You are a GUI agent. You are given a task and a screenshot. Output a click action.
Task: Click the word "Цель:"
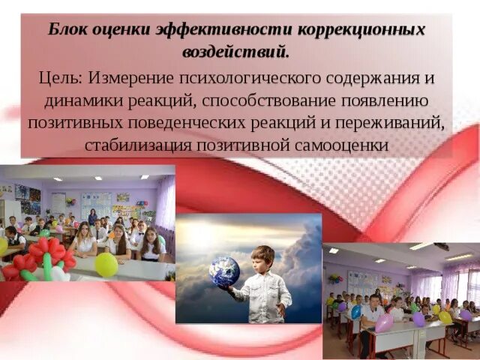[61, 79]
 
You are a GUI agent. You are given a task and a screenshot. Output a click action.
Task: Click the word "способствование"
[279, 101]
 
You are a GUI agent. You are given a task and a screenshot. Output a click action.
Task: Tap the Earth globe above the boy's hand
[226, 271]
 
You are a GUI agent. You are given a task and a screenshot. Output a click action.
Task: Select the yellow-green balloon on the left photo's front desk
[106, 264]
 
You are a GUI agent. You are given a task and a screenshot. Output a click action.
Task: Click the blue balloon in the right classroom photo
[356, 311]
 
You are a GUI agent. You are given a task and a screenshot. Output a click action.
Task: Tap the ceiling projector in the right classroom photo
[442, 247]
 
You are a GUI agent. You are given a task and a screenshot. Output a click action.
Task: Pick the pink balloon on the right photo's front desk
[384, 323]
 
